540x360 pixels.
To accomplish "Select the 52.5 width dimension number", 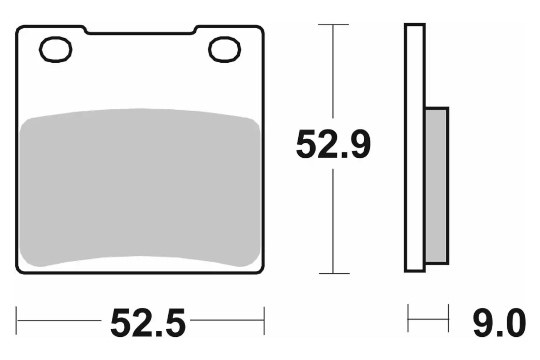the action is coord(148,323).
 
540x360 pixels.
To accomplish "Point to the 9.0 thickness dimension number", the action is coord(499,323).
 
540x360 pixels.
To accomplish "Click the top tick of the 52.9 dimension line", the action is coord(334,24).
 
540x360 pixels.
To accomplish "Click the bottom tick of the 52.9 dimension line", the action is coord(334,274).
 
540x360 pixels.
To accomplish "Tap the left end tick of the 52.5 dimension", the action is coord(16,321).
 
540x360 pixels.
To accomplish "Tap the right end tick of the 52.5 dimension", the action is coord(264,321).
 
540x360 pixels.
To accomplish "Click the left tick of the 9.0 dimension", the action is coord(408,318).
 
